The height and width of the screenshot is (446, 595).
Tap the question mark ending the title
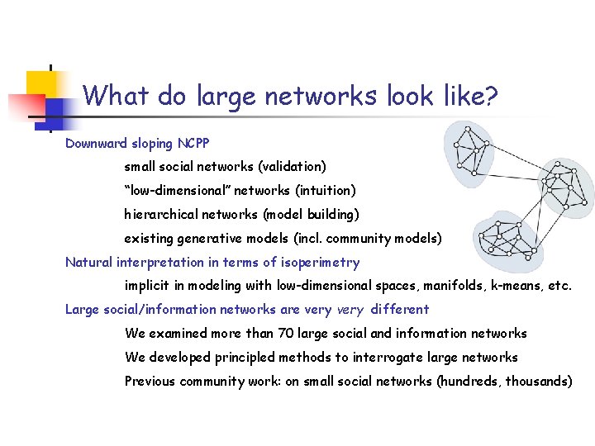(x=491, y=97)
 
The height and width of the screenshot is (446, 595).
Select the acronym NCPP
(x=193, y=143)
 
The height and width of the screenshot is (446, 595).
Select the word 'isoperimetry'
(x=321, y=263)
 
